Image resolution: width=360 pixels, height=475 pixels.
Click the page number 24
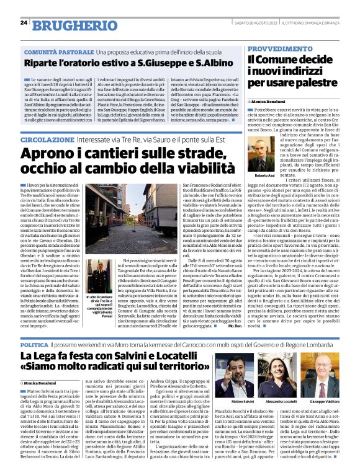click(x=24, y=23)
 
